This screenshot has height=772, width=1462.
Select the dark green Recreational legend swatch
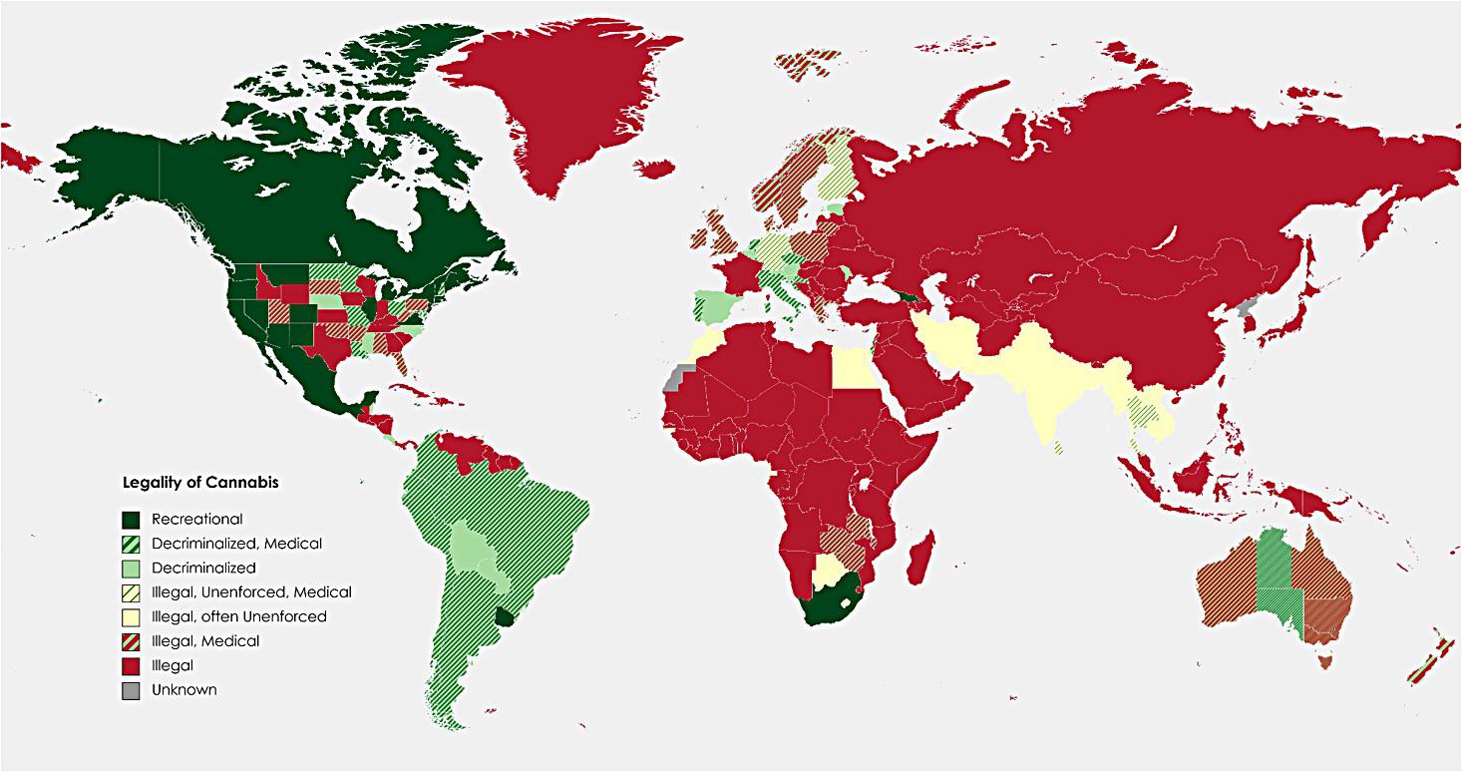[131, 520]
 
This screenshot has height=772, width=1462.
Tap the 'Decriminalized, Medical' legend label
[236, 544]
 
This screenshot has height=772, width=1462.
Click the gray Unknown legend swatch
[131, 689]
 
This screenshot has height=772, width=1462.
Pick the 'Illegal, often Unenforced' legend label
[238, 616]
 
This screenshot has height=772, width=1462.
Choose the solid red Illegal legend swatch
[131, 665]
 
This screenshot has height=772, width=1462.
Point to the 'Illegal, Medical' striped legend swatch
[131, 641]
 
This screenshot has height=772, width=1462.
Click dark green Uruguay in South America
[514, 618]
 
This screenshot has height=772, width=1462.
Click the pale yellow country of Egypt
[850, 368]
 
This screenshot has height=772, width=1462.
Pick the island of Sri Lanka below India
[1058, 448]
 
